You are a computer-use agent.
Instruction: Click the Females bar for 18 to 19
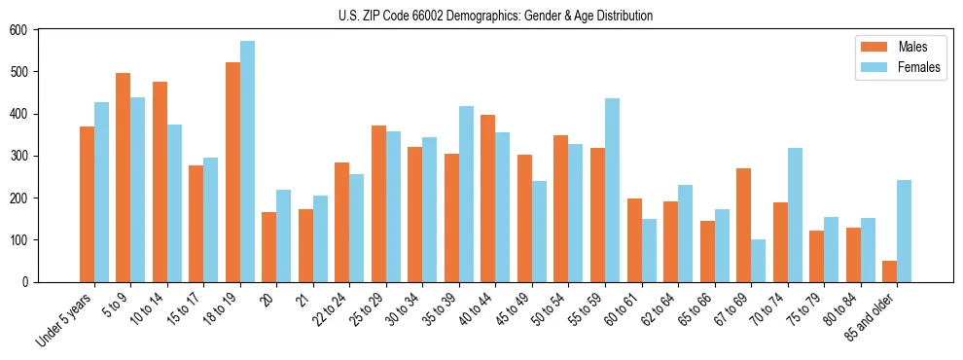click(247, 162)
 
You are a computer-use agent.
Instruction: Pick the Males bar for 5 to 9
click(123, 177)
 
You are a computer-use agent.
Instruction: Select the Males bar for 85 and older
click(889, 271)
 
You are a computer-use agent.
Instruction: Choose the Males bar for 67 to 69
click(743, 225)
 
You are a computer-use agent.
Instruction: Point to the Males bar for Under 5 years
click(87, 204)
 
